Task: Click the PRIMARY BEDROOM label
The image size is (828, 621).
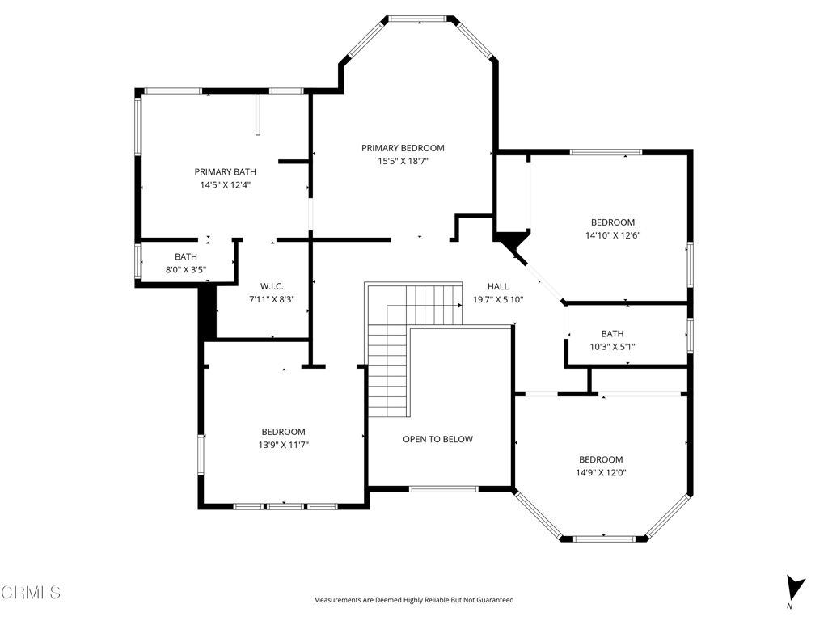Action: [x=403, y=148]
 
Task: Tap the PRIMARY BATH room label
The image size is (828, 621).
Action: [x=225, y=171]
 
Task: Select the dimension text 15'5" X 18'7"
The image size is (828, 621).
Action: [x=403, y=161]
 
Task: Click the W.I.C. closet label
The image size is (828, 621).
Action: [x=271, y=286]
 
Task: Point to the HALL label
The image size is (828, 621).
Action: [x=498, y=286]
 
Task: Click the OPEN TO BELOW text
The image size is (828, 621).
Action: [x=437, y=439]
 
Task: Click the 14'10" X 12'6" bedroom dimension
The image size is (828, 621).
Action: [x=612, y=235]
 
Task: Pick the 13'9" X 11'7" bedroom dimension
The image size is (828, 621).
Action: [x=283, y=445]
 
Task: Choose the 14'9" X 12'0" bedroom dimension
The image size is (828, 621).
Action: [x=601, y=472]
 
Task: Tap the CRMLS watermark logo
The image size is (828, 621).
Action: [x=31, y=593]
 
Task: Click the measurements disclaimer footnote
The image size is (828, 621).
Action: [x=413, y=600]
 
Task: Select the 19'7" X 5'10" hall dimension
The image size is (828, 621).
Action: [x=498, y=299]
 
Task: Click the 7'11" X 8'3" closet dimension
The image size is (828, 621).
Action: [x=271, y=299]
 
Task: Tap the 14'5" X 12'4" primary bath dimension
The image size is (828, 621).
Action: [x=225, y=184]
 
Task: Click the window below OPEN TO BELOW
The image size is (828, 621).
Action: [x=442, y=488]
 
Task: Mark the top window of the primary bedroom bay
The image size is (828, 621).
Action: [x=418, y=18]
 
